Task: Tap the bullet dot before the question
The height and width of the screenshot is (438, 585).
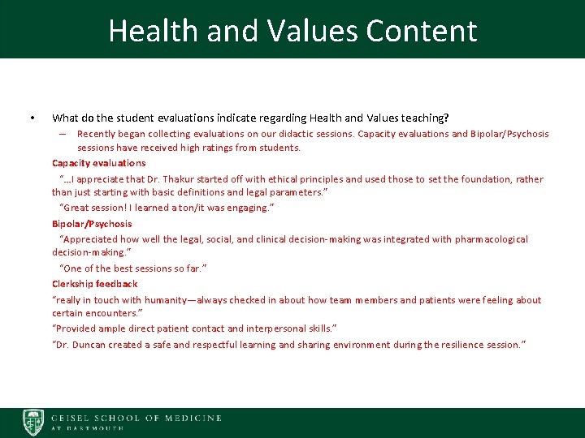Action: tap(31, 118)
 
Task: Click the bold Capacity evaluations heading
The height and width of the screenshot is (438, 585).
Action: tap(98, 163)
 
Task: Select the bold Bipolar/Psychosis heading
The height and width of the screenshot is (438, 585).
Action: tap(92, 224)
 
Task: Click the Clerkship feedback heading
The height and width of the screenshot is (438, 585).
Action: tap(94, 284)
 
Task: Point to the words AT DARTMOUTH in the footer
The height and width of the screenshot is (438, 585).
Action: tap(87, 427)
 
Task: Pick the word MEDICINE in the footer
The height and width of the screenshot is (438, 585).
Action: tap(193, 418)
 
